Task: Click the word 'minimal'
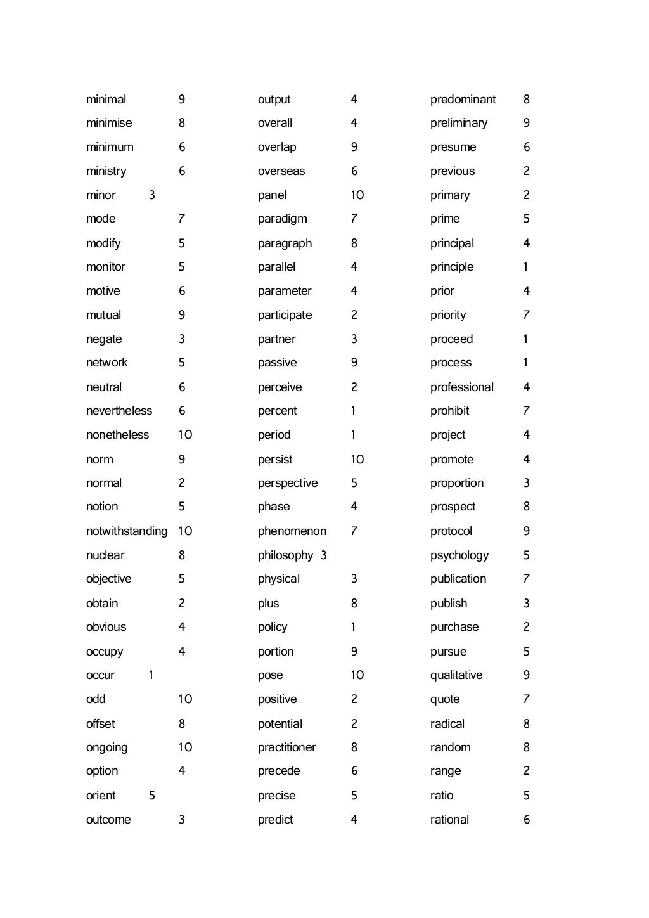coord(106,100)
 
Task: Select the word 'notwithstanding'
coord(127,531)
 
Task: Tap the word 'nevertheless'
coord(119,411)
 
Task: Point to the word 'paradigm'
coord(282,219)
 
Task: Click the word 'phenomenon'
coord(292,531)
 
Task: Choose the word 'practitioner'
coord(286,747)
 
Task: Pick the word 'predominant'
coord(463,100)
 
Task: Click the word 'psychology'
coord(459,555)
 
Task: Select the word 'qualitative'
coord(456,675)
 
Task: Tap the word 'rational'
coord(449,820)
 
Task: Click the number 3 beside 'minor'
coord(151,195)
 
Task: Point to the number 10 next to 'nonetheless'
coord(185,435)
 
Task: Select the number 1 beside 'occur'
coord(151,675)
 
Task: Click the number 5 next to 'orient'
coord(151,796)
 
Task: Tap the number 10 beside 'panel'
coord(357,195)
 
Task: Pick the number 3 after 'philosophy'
coord(324,555)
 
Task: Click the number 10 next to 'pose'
coord(357,675)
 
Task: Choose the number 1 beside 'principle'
coord(525,267)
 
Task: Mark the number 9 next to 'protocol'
coord(526,531)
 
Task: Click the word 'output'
coord(274,100)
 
